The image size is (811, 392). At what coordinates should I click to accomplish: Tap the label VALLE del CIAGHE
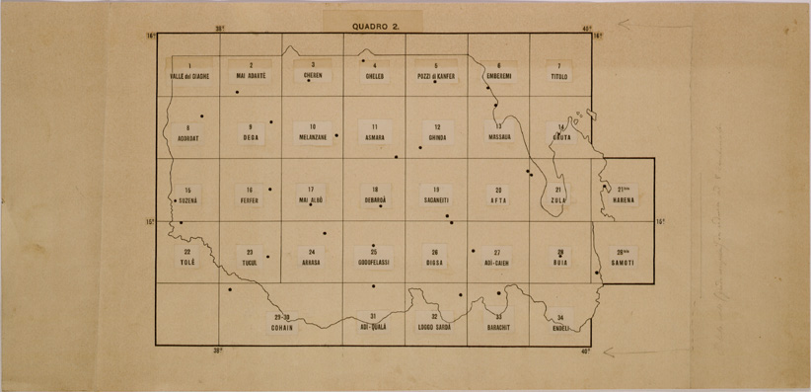click(x=187, y=76)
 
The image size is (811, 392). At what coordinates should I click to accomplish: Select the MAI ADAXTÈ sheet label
click(x=251, y=76)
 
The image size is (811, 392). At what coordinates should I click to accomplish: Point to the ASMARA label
click(x=374, y=139)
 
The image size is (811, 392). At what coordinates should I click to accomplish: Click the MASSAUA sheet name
click(x=499, y=139)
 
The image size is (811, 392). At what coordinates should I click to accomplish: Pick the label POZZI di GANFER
click(x=436, y=76)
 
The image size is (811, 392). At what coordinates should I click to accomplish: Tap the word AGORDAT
click(x=187, y=139)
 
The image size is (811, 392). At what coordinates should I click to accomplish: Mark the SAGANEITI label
click(x=436, y=200)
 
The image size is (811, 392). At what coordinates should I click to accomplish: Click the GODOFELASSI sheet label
click(x=374, y=264)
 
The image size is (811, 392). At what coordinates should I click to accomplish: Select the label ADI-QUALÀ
click(x=374, y=326)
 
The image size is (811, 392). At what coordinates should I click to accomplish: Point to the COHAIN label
click(x=282, y=327)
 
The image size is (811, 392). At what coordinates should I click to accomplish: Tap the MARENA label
click(x=623, y=200)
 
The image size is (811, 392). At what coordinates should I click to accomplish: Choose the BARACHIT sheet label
click(x=499, y=326)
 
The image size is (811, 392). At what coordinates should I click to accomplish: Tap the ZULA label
click(x=559, y=200)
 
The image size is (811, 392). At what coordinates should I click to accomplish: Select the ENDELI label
click(x=560, y=326)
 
